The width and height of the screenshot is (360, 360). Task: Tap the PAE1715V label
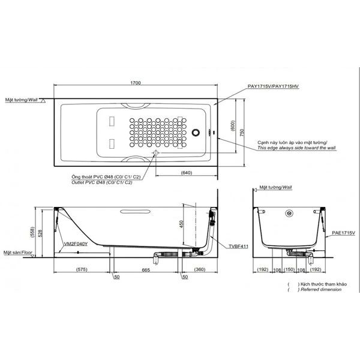coord(343,232)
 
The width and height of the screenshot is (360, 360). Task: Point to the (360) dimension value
coord(200,270)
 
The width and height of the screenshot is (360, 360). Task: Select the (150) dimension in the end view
coord(289,270)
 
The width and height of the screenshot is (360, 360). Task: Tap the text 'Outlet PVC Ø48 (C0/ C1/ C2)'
coord(103,182)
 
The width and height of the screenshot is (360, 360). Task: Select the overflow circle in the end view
coord(289,213)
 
